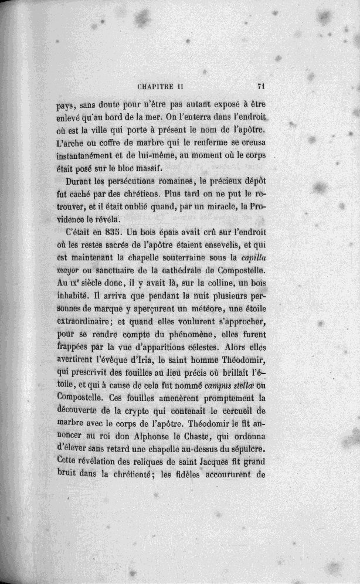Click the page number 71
click(x=262, y=85)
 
